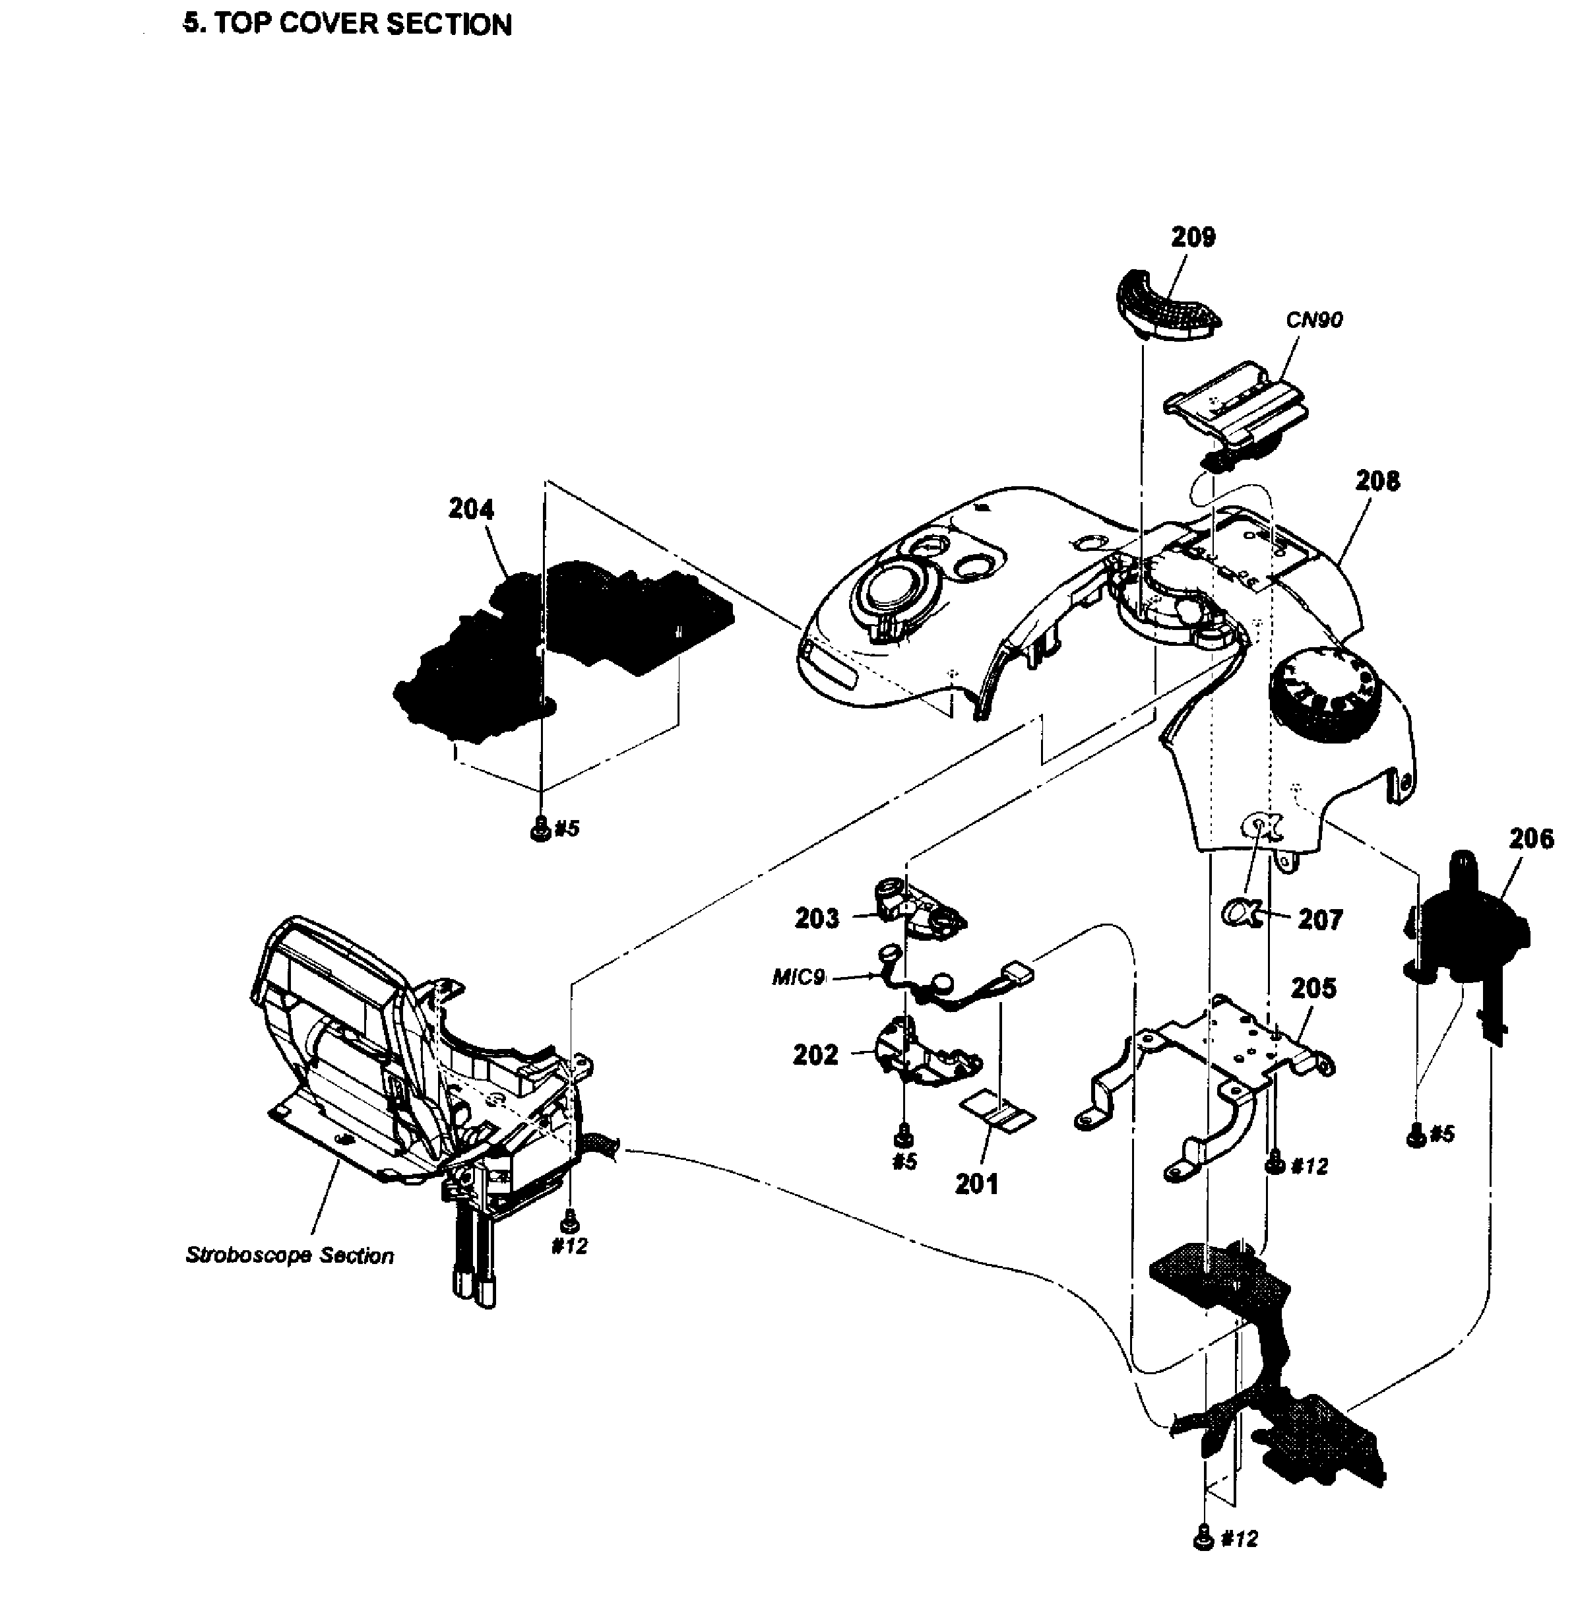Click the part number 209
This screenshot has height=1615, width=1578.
point(1193,237)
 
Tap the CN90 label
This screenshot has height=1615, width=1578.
point(1314,320)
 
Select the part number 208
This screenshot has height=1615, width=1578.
point(1377,480)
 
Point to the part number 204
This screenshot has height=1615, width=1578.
point(471,509)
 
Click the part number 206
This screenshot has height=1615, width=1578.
point(1531,839)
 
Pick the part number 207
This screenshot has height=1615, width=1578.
point(1320,920)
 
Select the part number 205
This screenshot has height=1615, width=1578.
point(1313,988)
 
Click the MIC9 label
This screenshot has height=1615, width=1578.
point(798,978)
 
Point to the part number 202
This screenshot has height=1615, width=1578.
point(815,1055)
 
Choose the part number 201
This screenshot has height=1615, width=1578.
point(976,1184)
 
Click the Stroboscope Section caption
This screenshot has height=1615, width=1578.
point(289,1255)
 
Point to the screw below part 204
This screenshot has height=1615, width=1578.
point(540,828)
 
